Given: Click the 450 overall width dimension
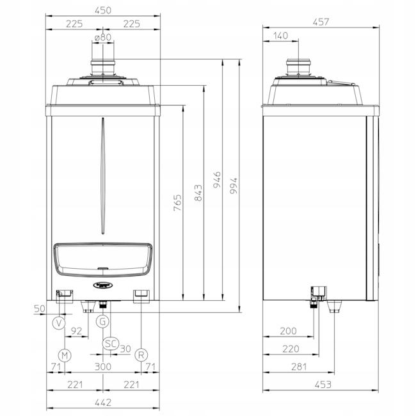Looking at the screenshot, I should click(x=103, y=10).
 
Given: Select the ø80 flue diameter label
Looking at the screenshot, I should click(x=103, y=38).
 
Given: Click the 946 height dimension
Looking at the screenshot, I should click(x=218, y=177).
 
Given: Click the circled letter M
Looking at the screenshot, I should click(x=65, y=354).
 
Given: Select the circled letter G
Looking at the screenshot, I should click(x=103, y=321).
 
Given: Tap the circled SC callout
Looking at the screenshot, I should click(x=111, y=343).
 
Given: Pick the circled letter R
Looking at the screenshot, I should click(x=141, y=354).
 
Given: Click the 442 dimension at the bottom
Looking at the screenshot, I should click(x=103, y=402).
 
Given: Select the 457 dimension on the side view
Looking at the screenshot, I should click(x=319, y=22).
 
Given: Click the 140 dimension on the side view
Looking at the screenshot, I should click(x=280, y=36).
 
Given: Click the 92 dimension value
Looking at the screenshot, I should click(x=76, y=331).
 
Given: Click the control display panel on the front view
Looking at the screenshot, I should click(x=103, y=259).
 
